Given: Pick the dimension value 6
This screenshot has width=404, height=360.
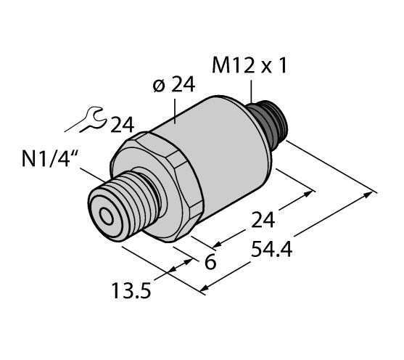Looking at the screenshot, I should coord(210,262).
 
